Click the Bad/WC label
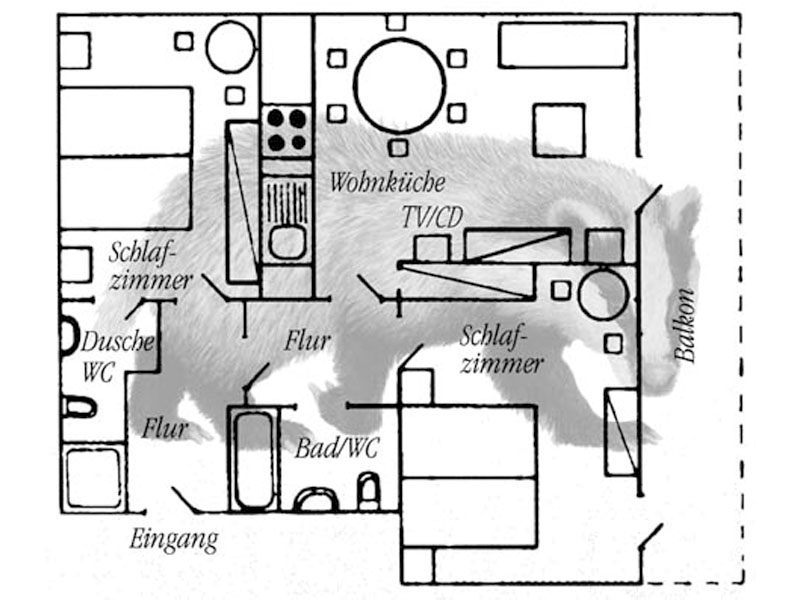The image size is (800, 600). [x=336, y=449]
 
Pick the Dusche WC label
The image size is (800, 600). [x=115, y=355]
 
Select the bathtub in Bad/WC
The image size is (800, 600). [x=254, y=458]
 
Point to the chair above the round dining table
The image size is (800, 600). [x=396, y=22]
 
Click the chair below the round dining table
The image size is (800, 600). [x=398, y=148]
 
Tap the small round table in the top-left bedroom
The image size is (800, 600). [x=230, y=47]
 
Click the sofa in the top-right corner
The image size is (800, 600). [x=562, y=45]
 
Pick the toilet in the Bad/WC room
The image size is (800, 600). [x=369, y=492]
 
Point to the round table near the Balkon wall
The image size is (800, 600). [x=602, y=294]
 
